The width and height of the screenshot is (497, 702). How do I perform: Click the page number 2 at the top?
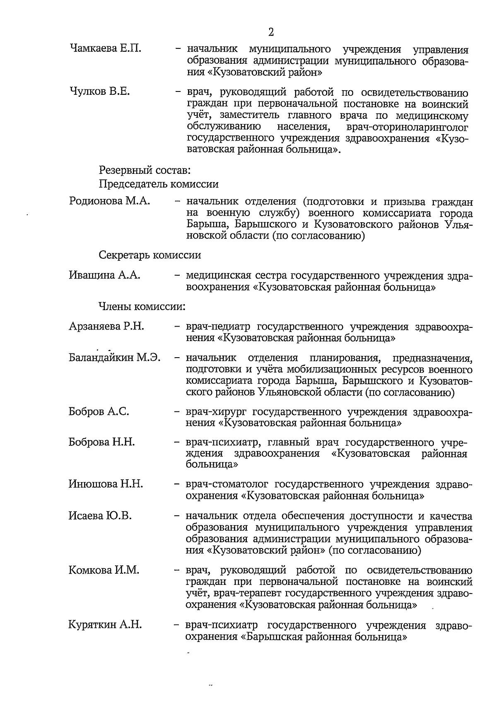tap(271, 32)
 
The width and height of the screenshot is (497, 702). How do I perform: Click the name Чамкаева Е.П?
tap(106, 48)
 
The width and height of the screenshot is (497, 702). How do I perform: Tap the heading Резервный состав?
tap(145, 170)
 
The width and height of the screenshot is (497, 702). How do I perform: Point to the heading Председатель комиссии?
tap(159, 184)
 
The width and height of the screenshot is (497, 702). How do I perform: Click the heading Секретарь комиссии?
tap(150, 255)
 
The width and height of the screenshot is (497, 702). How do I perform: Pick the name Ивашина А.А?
tap(104, 275)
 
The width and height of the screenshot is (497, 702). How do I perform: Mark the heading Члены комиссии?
tap(142, 307)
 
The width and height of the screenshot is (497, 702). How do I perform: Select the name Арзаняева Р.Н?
tap(106, 326)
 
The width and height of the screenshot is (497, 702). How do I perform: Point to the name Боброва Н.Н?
tap(101, 442)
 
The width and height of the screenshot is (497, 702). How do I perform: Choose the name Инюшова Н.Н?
tap(106, 483)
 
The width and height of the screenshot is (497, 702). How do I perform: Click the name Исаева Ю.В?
tap(100, 516)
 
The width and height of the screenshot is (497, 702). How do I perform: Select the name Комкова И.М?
tap(104, 570)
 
